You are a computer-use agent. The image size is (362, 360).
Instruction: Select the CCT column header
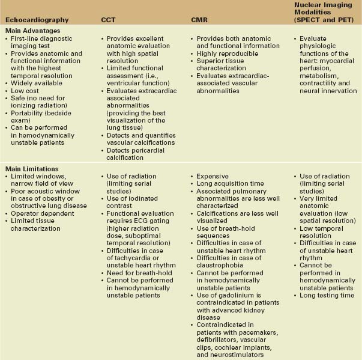[x=108, y=20]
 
